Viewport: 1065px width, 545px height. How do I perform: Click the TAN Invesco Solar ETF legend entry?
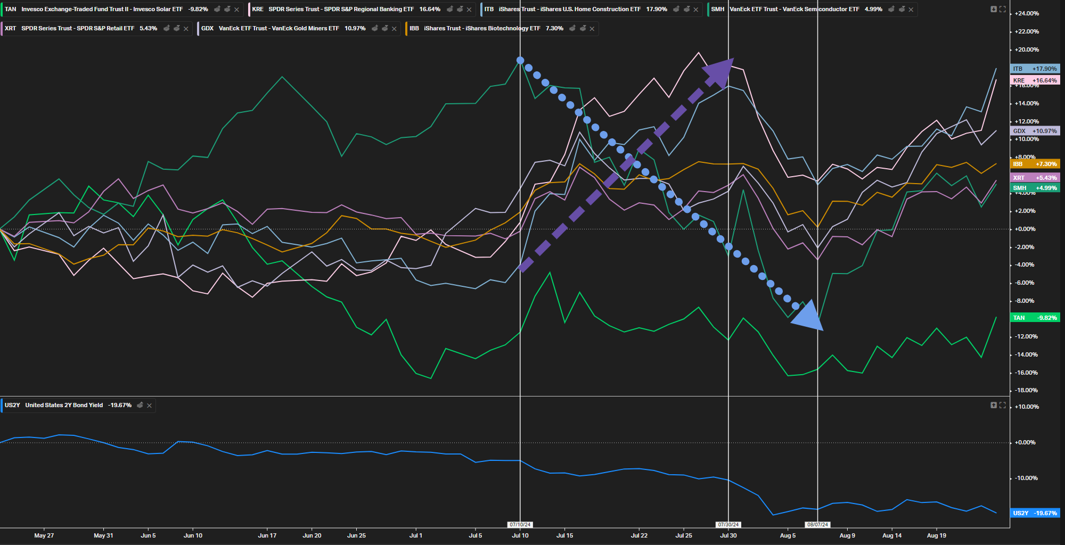pos(101,10)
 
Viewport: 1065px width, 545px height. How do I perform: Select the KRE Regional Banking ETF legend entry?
pos(341,10)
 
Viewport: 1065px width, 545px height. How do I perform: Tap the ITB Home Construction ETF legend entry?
pos(570,10)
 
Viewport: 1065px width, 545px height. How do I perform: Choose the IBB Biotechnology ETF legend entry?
pos(482,29)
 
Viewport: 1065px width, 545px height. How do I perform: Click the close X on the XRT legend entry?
pos(186,29)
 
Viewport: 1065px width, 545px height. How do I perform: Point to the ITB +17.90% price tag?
pos(1035,69)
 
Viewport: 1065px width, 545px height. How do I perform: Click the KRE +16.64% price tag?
pos(1035,80)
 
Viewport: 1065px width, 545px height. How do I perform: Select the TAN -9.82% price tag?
pos(1035,318)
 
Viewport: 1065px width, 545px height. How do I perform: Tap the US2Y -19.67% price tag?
pos(1035,513)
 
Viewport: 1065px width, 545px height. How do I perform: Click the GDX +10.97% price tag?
pos(1035,131)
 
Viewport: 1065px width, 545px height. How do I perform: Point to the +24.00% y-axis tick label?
pos(1027,13)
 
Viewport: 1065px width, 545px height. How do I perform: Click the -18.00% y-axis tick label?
pos(1026,390)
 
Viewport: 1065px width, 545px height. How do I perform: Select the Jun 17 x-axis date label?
pos(267,535)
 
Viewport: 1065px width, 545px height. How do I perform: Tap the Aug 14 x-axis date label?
pos(892,535)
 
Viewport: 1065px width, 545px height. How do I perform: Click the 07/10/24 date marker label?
pos(520,525)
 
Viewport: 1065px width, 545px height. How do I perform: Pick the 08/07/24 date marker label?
pos(817,525)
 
